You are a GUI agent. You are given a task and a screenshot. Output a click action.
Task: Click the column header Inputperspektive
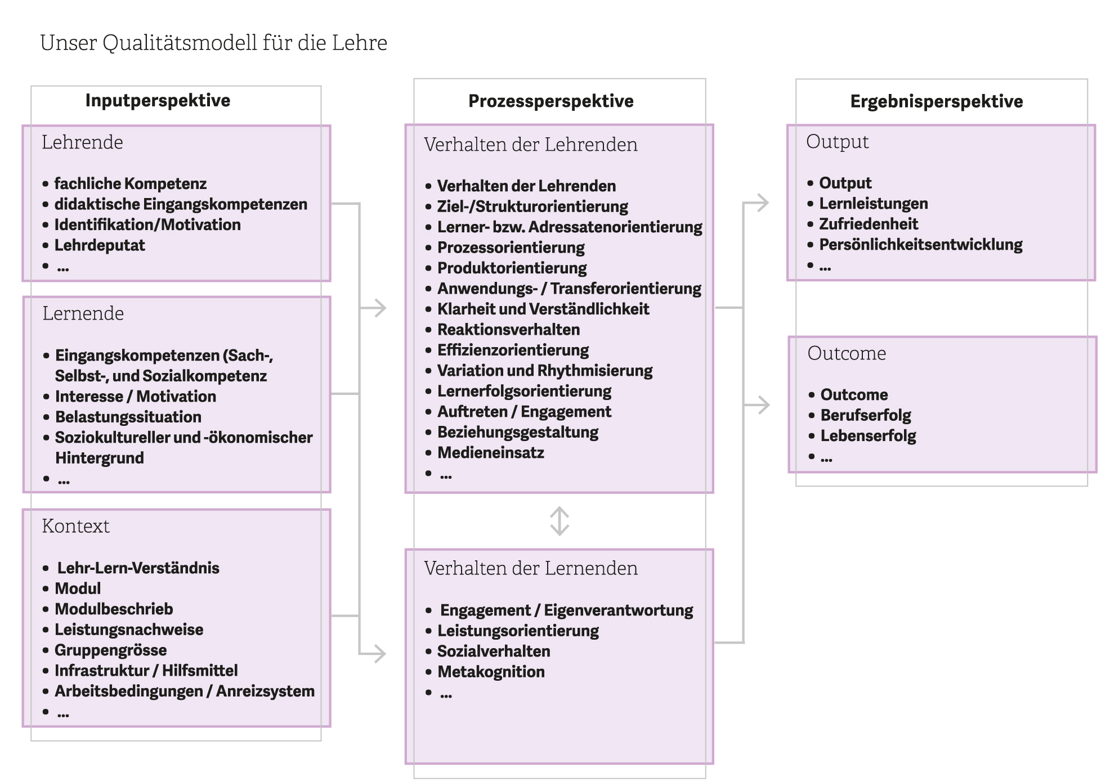pyautogui.click(x=158, y=101)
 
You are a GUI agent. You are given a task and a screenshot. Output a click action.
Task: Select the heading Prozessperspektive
pyautogui.click(x=550, y=101)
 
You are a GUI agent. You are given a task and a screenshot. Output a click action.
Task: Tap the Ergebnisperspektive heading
pyautogui.click(x=936, y=101)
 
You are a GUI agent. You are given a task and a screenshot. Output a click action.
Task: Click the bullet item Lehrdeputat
pyautogui.click(x=100, y=245)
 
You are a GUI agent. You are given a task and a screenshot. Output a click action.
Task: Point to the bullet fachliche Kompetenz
pyautogui.click(x=130, y=183)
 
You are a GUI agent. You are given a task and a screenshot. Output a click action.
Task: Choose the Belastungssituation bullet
pyautogui.click(x=128, y=417)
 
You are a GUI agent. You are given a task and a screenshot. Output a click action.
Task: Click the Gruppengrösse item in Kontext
pyautogui.click(x=111, y=650)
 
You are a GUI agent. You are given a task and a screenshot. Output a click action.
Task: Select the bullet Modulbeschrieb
pyautogui.click(x=114, y=609)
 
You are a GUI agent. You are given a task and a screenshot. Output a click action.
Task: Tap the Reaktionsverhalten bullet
pyautogui.click(x=508, y=330)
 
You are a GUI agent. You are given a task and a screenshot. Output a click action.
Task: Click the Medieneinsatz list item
pyautogui.click(x=491, y=453)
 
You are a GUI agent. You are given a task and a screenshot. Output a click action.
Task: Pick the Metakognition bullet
pyautogui.click(x=491, y=672)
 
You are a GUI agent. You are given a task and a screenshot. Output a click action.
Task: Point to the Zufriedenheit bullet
pyautogui.click(x=868, y=224)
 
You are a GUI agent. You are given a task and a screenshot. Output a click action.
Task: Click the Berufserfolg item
pyautogui.click(x=866, y=415)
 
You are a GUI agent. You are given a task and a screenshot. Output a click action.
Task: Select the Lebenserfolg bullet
pyautogui.click(x=868, y=436)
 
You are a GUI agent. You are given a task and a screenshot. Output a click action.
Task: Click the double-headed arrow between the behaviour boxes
pyautogui.click(x=559, y=521)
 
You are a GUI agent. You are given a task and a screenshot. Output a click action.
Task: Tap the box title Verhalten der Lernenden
pyautogui.click(x=531, y=568)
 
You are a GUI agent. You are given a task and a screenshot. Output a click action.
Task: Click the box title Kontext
pyautogui.click(x=76, y=526)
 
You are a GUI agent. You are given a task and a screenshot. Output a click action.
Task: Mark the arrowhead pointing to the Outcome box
pyautogui.click(x=763, y=405)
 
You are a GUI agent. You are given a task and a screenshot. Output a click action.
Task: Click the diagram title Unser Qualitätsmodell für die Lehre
pyautogui.click(x=214, y=43)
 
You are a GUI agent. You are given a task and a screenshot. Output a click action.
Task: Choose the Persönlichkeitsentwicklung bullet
pyautogui.click(x=920, y=245)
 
